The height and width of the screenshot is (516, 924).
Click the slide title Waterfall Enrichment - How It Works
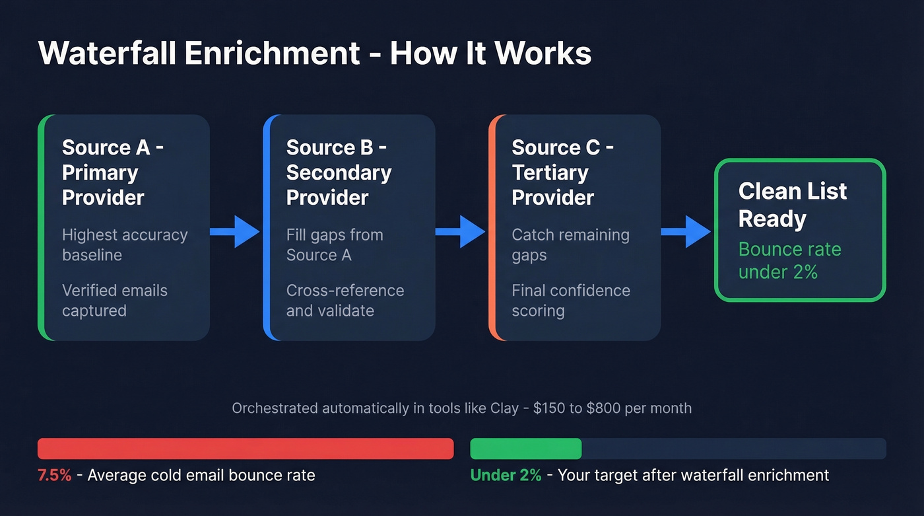point(315,54)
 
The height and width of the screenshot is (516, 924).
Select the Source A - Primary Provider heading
point(112,172)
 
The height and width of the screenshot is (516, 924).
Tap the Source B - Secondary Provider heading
point(339,172)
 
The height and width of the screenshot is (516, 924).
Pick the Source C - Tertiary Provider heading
point(562,172)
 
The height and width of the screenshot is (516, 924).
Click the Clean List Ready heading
point(792,205)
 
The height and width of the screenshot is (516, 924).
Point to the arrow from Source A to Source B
point(235,231)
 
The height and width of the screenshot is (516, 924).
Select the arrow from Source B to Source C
point(460,231)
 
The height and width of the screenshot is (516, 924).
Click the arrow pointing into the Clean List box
point(686,231)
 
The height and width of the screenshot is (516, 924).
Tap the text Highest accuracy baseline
point(125,244)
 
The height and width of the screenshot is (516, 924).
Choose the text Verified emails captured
point(114,300)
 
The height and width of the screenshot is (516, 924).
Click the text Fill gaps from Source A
point(334,244)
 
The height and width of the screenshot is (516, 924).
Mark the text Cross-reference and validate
point(345,300)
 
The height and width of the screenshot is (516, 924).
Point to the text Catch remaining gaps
point(570,244)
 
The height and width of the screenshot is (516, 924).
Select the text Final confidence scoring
point(570,300)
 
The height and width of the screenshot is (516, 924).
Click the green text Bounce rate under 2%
point(789,260)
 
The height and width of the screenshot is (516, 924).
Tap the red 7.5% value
point(55,475)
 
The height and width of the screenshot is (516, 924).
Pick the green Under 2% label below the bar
point(506,475)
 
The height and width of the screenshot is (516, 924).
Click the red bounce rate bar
point(246,449)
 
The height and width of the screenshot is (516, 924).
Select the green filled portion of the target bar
point(525,449)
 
